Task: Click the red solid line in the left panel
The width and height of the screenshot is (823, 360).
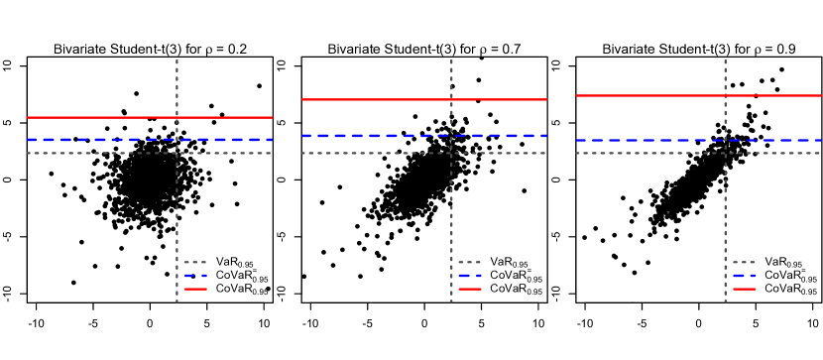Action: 99,117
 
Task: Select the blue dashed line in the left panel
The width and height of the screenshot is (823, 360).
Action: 99,140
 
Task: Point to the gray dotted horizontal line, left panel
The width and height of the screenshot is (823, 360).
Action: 99,153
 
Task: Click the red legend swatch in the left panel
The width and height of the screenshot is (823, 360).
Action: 195,289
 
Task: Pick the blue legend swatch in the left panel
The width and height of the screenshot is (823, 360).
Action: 195,275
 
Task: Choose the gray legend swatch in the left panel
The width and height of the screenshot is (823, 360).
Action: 195,262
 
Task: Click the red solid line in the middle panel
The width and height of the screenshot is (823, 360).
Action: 377,99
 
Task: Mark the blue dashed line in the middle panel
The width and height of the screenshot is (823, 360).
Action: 377,136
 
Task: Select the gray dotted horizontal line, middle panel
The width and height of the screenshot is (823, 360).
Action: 377,153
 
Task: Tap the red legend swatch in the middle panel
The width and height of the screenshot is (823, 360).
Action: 470,289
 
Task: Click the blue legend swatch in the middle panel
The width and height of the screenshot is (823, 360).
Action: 470,275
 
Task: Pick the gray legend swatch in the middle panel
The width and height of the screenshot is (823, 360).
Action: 470,262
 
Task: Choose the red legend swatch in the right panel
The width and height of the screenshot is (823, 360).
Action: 745,289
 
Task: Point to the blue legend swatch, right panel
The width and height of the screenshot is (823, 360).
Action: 745,275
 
